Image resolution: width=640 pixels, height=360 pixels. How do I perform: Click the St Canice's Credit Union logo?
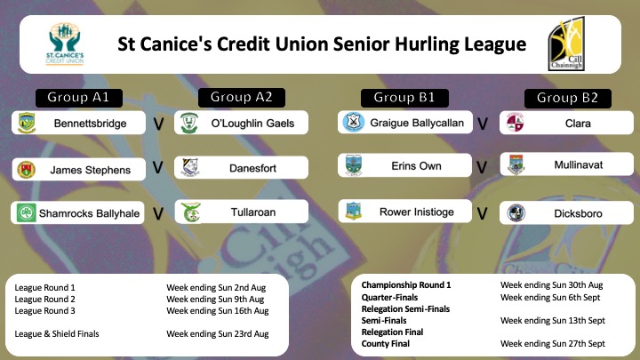tap(65, 44)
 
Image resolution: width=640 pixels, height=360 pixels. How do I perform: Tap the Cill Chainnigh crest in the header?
tap(566, 44)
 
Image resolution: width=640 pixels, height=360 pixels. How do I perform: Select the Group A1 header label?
tap(79, 98)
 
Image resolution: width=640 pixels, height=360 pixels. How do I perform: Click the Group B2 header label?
tap(567, 98)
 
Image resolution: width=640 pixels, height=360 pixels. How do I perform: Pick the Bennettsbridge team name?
tap(90, 124)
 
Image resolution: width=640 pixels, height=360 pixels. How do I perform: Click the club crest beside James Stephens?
tap(26, 170)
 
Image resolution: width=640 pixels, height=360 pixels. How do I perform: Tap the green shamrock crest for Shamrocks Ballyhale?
tap(26, 212)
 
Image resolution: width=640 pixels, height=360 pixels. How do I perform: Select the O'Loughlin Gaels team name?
tap(252, 124)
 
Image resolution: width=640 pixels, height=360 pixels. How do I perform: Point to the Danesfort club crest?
tap(190, 167)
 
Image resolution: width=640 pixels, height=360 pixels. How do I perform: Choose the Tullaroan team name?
tap(253, 212)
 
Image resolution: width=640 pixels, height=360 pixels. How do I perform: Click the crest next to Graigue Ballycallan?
tap(354, 122)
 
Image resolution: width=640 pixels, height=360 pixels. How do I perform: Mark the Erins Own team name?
tap(416, 165)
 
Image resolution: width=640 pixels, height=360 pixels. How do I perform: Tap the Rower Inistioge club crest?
tap(354, 211)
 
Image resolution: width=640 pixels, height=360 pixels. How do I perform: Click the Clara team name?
tap(578, 124)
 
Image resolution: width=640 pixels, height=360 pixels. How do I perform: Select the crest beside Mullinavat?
tap(516, 164)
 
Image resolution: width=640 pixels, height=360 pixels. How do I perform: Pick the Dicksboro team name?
tap(578, 213)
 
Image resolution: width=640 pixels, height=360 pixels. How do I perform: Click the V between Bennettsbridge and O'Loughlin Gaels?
tap(158, 124)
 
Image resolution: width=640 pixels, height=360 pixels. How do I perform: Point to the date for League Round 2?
tap(215, 300)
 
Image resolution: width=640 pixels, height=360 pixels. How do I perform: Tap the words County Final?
tap(385, 344)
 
